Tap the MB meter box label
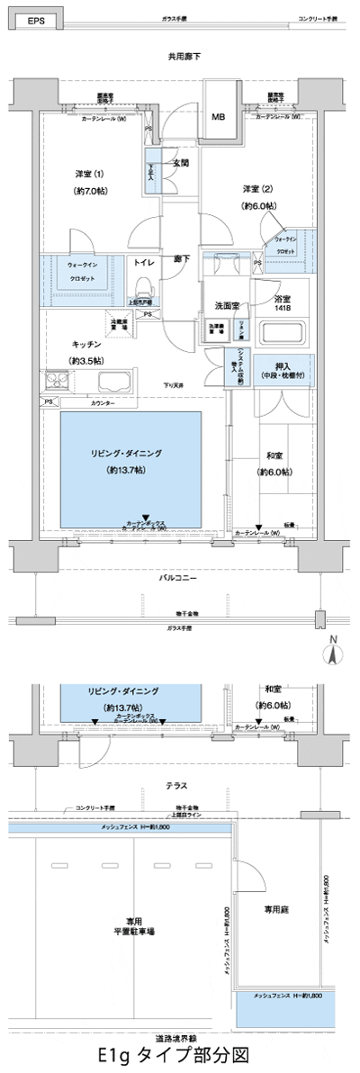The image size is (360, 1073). [218, 117]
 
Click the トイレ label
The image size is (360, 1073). [143, 264]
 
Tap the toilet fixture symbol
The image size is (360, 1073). [141, 287]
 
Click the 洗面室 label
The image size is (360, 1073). [226, 306]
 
